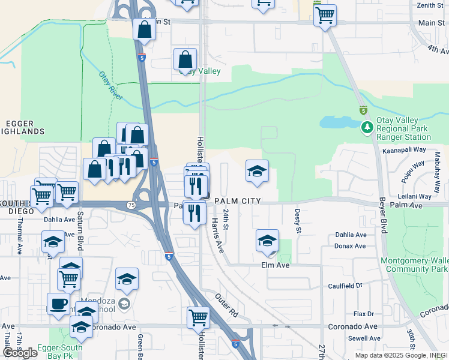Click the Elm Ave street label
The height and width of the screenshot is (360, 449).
pos(276,265)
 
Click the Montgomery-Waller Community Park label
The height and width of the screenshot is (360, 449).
pos(414,265)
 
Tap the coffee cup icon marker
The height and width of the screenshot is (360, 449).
pos(58,303)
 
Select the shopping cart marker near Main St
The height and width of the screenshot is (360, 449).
pos(325,15)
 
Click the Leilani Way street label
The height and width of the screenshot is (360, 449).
pos(414,196)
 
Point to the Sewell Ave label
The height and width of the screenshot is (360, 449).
pos(351,338)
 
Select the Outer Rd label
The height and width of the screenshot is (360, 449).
pos(226,305)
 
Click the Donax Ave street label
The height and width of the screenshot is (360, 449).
pos(351,246)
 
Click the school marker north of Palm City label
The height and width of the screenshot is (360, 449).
pos(257,171)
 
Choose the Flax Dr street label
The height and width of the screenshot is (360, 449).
pos(363,314)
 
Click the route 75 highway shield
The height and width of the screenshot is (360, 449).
pos(131,205)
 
